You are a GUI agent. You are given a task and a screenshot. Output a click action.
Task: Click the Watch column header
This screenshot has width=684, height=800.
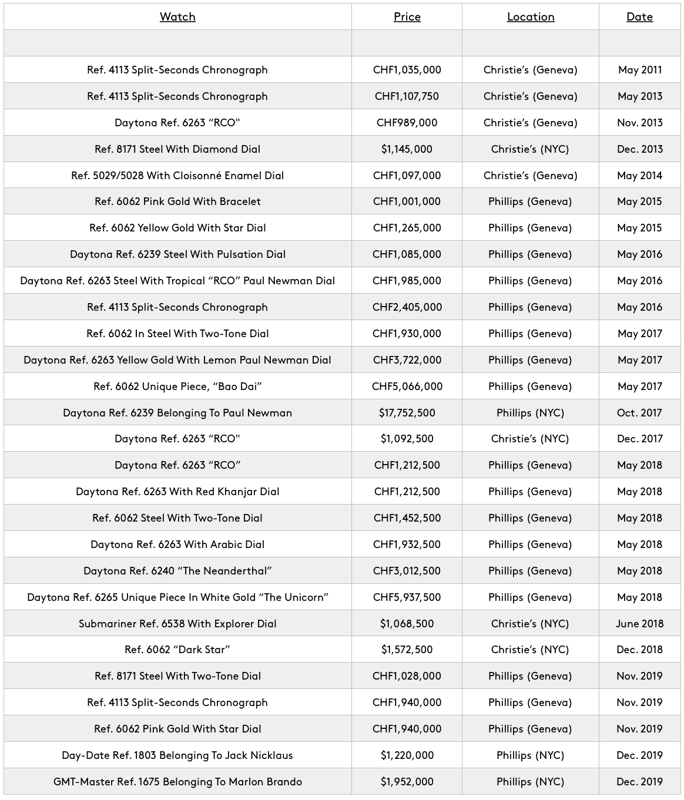point(177,17)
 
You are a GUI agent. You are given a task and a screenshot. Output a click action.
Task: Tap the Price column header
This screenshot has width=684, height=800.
point(407,17)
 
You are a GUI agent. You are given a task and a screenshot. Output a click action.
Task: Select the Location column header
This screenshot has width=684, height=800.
point(530,17)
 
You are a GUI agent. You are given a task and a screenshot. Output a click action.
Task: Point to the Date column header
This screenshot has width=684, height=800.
point(639,17)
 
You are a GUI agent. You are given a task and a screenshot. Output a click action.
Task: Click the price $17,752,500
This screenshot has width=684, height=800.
point(407,413)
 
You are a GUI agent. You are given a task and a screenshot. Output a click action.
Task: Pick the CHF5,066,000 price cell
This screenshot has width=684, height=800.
point(407,386)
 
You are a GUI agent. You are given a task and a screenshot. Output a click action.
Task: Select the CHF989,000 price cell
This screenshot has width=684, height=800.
point(407,123)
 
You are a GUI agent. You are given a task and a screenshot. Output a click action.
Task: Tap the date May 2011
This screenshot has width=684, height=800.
point(639,70)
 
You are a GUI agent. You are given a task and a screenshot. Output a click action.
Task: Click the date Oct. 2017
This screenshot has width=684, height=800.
point(639,413)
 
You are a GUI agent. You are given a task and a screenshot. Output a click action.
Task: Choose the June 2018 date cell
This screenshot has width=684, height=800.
point(639,624)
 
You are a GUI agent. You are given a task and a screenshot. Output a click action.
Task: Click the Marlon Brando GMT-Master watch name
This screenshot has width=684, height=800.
point(177,782)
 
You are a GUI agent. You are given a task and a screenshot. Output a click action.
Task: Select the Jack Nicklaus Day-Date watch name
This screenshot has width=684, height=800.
point(177,755)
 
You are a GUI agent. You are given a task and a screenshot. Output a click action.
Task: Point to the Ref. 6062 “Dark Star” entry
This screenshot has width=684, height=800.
point(177,650)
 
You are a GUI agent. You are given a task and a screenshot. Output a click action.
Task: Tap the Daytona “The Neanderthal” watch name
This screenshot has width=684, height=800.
point(177,571)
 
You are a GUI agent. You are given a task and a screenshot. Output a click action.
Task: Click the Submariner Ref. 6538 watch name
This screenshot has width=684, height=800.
point(177,624)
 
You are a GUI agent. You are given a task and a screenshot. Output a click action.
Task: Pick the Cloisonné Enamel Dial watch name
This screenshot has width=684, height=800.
point(177,176)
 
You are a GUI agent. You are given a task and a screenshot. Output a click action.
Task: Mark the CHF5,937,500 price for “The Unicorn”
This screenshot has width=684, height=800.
point(407,597)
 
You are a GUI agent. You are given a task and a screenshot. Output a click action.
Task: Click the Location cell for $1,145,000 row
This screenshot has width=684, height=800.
point(530,149)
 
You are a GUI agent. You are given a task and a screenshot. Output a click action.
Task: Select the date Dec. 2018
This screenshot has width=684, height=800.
point(639,650)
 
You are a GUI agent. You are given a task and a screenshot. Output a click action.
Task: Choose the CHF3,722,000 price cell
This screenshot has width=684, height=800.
point(407,360)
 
